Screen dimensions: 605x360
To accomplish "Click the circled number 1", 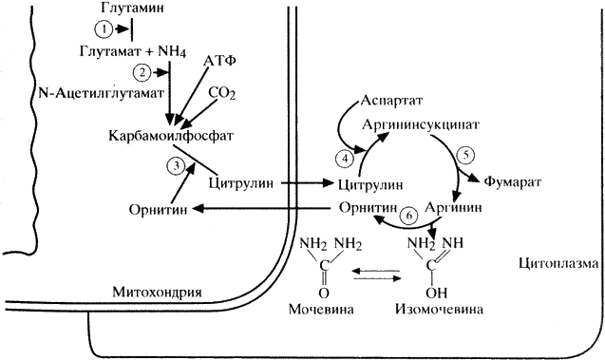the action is click(104, 29).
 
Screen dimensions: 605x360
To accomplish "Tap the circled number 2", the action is click(142, 72).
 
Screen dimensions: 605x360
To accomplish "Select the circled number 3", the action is click(177, 166).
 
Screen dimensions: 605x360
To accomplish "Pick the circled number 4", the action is click(345, 159).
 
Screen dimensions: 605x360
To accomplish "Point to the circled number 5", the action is click(465, 155).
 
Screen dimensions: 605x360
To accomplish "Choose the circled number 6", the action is click(409, 216).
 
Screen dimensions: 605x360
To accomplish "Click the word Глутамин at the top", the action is click(132, 9).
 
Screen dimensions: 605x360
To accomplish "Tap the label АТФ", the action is click(219, 61).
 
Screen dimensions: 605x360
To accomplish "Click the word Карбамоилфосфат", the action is click(171, 136).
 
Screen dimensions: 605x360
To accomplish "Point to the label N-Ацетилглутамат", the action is click(101, 93).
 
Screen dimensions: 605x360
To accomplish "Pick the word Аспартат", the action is click(391, 101).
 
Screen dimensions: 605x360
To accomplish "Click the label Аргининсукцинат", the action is click(421, 124).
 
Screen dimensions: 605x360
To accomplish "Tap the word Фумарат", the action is click(513, 181).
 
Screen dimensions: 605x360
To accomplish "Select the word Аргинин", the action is click(453, 208).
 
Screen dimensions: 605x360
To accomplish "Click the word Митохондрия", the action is click(157, 292).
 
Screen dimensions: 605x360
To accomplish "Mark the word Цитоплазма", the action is click(558, 264).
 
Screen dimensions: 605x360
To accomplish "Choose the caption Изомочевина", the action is click(439, 310).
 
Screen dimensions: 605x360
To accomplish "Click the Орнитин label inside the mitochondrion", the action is click(159, 210).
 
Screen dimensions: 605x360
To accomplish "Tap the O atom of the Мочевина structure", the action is click(324, 294).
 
